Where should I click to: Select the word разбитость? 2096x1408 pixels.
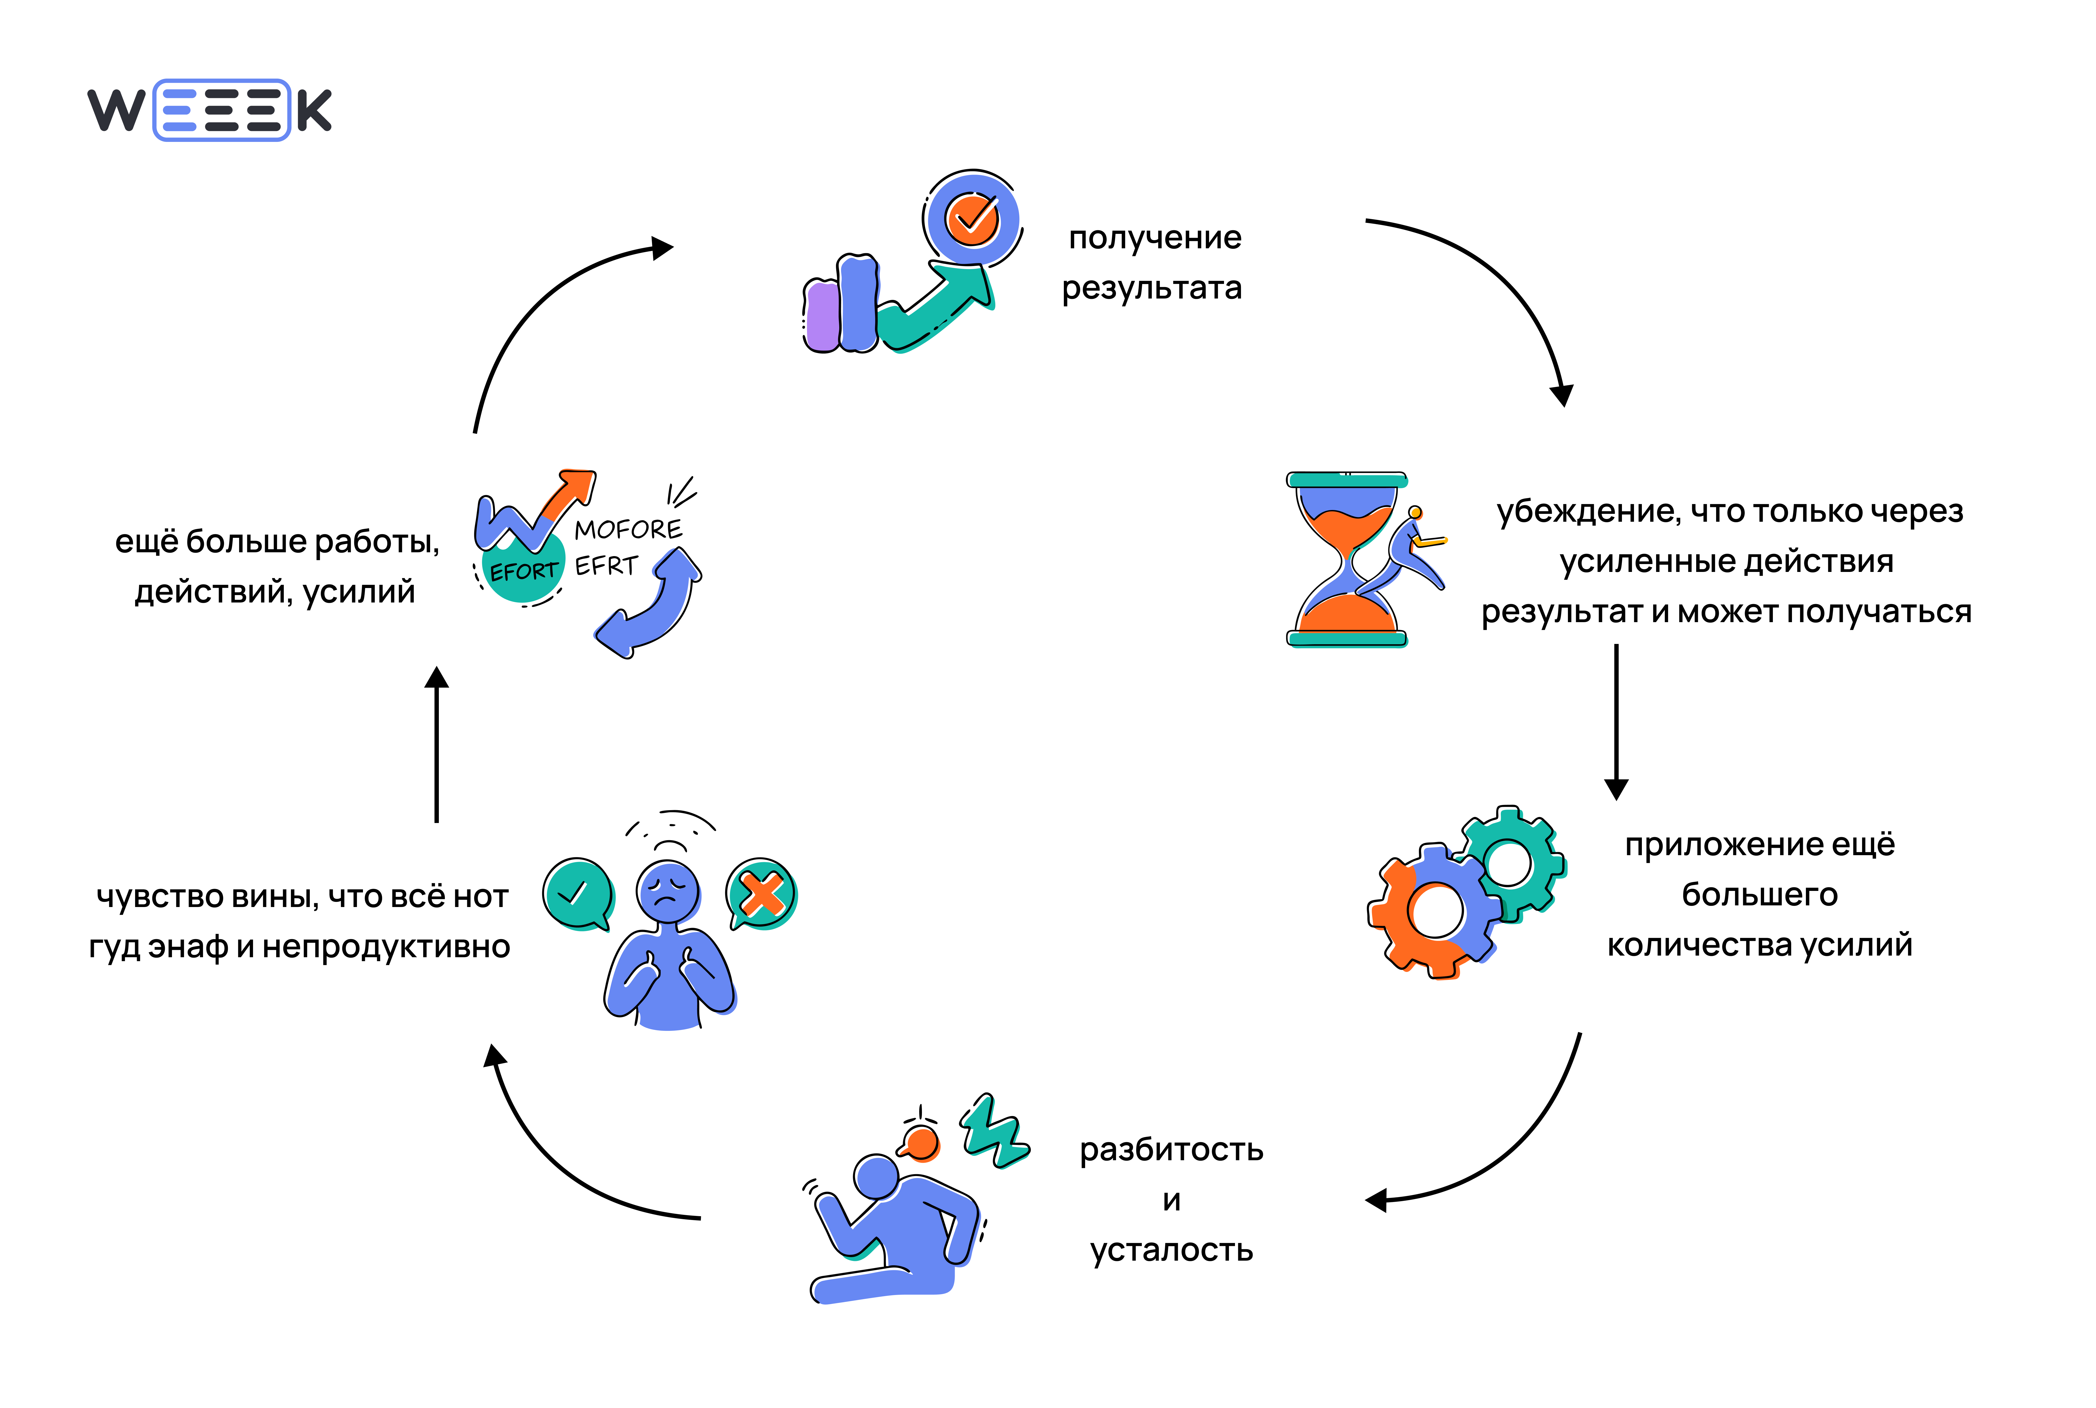coord(1171,1150)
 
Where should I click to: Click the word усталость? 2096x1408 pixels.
coord(1171,1251)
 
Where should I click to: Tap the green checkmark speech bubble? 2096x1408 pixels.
coord(577,893)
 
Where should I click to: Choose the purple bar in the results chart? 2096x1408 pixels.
coord(822,316)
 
